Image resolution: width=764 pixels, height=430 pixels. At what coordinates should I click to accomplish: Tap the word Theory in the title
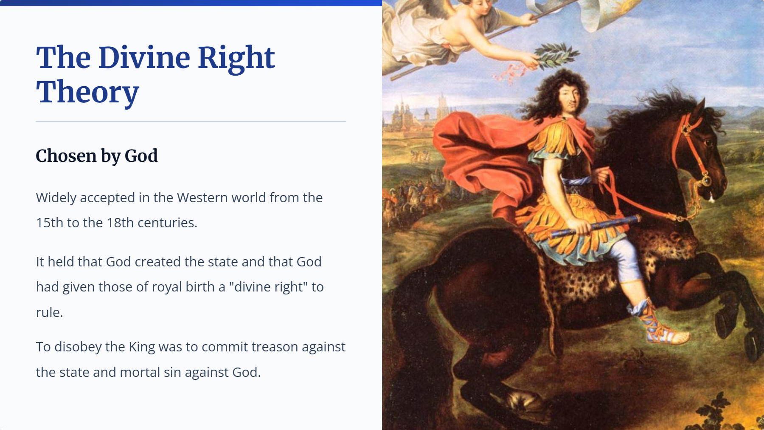coord(87,93)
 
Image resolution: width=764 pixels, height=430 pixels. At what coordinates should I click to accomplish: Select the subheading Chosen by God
coord(97,156)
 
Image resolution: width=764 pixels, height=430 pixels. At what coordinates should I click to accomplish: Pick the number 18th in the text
coord(120,223)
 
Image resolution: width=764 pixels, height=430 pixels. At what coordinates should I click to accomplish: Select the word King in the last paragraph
coord(142,347)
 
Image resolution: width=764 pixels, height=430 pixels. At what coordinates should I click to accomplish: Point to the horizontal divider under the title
coord(191,122)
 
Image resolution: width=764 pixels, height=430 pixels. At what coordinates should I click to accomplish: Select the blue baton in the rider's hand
coord(595,226)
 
